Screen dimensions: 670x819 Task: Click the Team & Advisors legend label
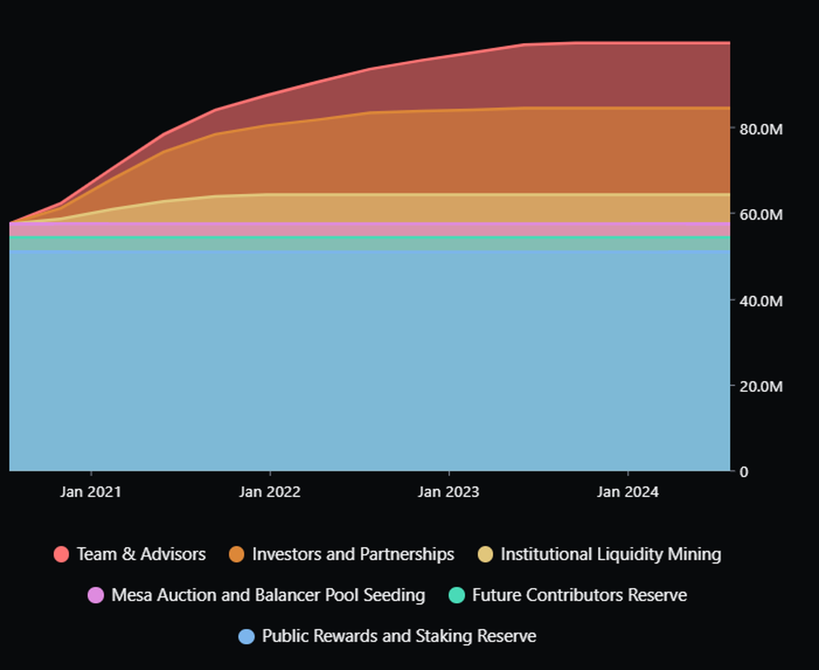(141, 554)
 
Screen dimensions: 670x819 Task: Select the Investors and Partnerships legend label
(353, 554)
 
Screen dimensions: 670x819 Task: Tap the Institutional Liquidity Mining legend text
(611, 554)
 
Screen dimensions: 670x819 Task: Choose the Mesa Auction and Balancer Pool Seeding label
(268, 595)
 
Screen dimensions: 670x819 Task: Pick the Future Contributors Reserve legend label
(579, 595)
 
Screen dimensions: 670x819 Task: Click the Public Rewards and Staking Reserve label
(399, 636)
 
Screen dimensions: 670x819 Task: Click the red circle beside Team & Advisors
(61, 555)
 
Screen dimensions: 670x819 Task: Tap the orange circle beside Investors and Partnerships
(237, 555)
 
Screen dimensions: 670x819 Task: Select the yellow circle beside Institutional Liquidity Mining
(485, 555)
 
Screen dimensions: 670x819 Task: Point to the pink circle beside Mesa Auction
(96, 596)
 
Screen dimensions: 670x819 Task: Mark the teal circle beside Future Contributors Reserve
(457, 596)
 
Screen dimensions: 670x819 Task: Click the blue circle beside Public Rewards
(246, 637)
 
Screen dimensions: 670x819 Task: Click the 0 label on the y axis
(744, 471)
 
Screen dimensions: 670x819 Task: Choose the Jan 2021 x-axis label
(91, 492)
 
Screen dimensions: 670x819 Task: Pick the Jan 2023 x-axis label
(448, 492)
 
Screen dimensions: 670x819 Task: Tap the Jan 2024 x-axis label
(628, 492)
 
